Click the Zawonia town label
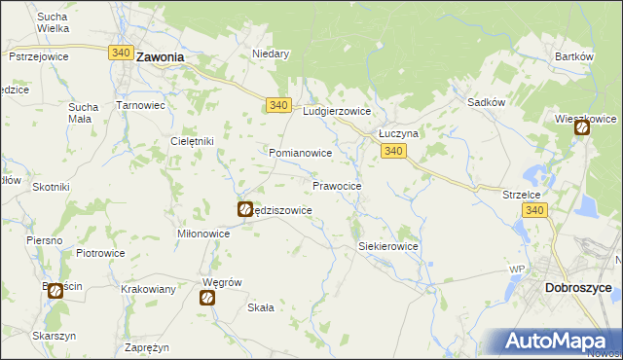click(161, 57)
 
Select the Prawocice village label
click(338, 185)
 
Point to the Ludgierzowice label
click(338, 112)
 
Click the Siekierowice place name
click(388, 247)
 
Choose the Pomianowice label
click(301, 154)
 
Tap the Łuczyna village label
click(397, 134)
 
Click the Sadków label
click(486, 101)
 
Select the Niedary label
click(272, 54)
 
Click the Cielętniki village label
click(192, 140)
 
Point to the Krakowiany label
click(148, 290)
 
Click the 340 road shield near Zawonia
click(122, 53)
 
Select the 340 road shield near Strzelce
click(533, 210)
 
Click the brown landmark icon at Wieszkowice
click(582, 127)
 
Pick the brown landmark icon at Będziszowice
click(245, 208)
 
